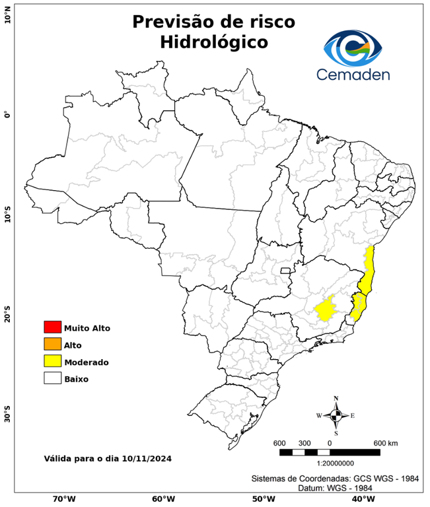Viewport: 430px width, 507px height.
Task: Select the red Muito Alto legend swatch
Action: tap(52, 327)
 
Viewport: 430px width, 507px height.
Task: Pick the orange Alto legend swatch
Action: tap(52, 345)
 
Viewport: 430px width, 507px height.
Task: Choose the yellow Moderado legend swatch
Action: tap(52, 362)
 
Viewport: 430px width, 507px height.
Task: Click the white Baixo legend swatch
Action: tap(52, 379)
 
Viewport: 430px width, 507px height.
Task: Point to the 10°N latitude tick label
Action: tap(8, 15)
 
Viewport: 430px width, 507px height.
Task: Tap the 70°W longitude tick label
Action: tap(64, 499)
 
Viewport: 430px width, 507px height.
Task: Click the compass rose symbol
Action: tap(336, 415)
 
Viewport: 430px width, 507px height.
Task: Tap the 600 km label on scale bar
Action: tap(386, 442)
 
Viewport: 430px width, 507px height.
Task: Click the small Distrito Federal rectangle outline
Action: tap(286, 270)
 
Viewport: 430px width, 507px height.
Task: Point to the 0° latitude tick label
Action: tap(8, 114)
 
